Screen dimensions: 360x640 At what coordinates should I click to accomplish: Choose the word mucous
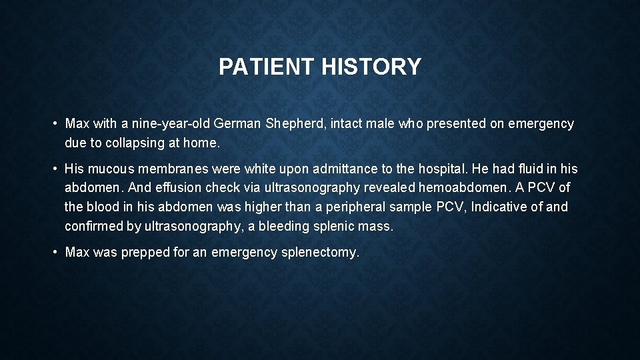point(111,169)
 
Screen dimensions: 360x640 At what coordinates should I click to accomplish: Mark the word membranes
point(168,169)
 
